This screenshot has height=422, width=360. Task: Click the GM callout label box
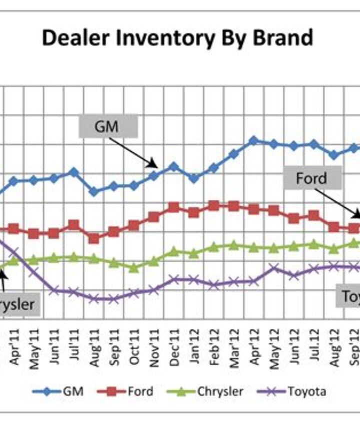(107, 127)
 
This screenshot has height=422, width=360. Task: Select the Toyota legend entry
(292, 391)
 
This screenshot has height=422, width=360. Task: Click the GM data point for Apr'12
(253, 141)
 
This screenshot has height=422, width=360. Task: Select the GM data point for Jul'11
(73, 172)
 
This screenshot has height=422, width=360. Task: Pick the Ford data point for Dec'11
(173, 207)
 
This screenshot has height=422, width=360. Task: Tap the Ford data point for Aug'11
(93, 238)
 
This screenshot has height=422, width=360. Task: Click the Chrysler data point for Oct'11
(133, 268)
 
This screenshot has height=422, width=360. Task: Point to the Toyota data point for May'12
(273, 269)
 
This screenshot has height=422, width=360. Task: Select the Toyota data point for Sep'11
(113, 299)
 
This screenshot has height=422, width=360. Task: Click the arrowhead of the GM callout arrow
(156, 167)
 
